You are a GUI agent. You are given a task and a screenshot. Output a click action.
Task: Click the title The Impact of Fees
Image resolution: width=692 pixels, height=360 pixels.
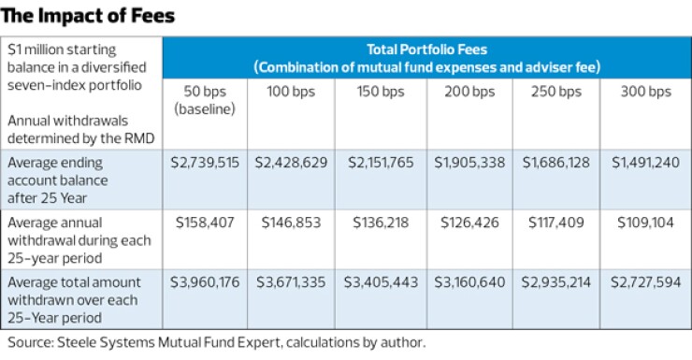click(x=88, y=16)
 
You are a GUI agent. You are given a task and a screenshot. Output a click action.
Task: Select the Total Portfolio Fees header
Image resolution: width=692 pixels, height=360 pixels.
click(x=426, y=57)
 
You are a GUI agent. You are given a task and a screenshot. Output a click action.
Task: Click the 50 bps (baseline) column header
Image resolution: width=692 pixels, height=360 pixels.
click(x=204, y=100)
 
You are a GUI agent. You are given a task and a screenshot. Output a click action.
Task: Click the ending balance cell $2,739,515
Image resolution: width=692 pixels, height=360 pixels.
click(x=204, y=163)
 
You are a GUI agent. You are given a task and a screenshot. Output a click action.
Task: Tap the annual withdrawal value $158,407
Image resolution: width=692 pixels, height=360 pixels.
click(x=204, y=223)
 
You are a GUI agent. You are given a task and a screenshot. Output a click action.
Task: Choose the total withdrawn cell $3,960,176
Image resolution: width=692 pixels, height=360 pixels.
click(x=204, y=284)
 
